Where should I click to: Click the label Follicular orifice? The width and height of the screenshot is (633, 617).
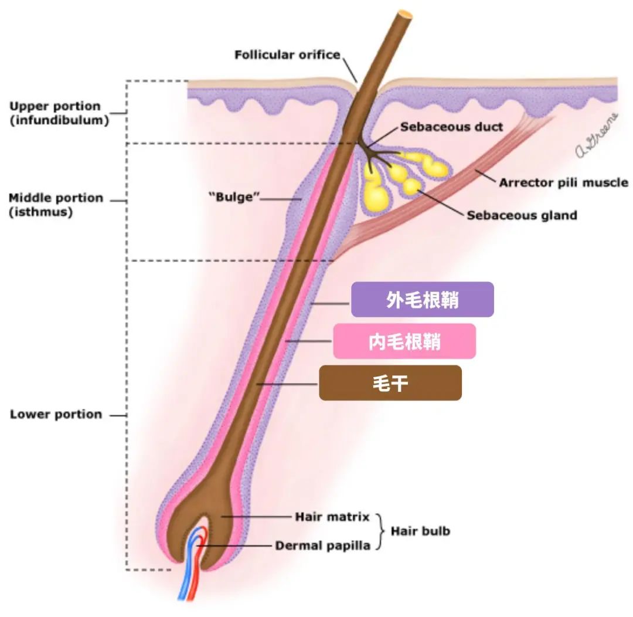[287, 55]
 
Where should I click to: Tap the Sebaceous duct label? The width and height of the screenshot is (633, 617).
[451, 127]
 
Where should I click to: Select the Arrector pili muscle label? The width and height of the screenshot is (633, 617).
[564, 182]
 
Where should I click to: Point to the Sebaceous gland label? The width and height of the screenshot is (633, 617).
[522, 215]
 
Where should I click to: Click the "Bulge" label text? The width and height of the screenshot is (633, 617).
[234, 197]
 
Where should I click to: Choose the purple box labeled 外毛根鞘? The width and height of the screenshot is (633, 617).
[422, 299]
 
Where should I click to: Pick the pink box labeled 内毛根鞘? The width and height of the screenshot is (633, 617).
[404, 341]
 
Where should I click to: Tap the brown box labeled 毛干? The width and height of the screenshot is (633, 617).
[390, 383]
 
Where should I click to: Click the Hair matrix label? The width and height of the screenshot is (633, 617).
[332, 517]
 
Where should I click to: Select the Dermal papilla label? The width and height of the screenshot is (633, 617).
[322, 546]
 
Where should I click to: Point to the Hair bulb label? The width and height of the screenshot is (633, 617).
[420, 531]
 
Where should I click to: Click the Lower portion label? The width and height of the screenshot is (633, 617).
[56, 415]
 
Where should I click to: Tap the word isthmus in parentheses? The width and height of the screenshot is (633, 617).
[41, 212]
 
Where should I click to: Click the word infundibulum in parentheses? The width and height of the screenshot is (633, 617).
[59, 120]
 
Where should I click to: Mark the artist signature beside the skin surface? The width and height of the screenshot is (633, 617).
[597, 135]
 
